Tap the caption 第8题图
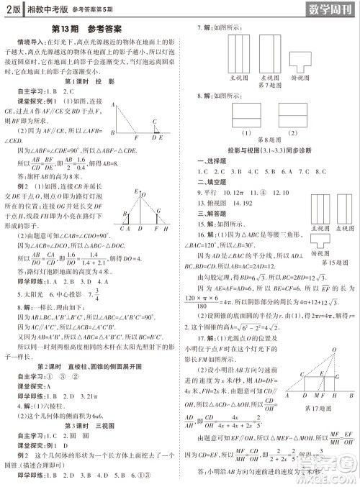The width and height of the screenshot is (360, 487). [x=263, y=140]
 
